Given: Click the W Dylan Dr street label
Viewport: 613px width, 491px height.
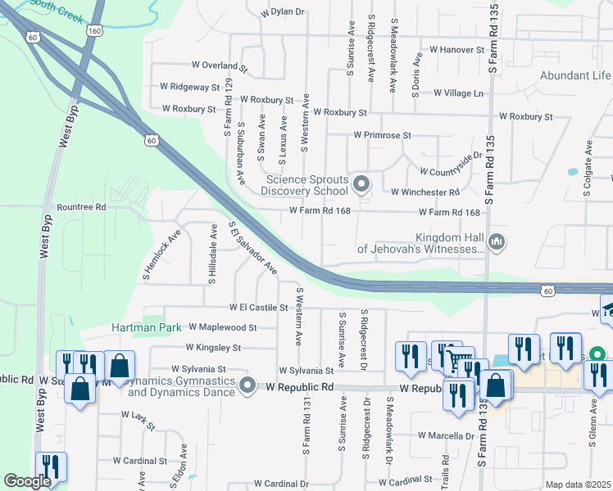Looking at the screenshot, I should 283,13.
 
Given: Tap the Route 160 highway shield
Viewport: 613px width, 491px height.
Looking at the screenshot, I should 95,31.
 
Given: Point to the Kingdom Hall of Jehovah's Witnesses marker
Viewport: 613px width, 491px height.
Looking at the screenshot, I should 496,242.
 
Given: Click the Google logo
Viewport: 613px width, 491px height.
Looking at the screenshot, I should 27,481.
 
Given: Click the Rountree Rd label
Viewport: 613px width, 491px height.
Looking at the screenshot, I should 80,208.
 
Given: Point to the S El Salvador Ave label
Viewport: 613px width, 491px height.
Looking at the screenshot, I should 252,247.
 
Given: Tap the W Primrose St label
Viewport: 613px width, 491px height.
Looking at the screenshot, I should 382,135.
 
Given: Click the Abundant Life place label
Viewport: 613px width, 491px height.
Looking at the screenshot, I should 575,76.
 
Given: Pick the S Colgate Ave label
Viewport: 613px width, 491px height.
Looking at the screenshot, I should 588,169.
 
